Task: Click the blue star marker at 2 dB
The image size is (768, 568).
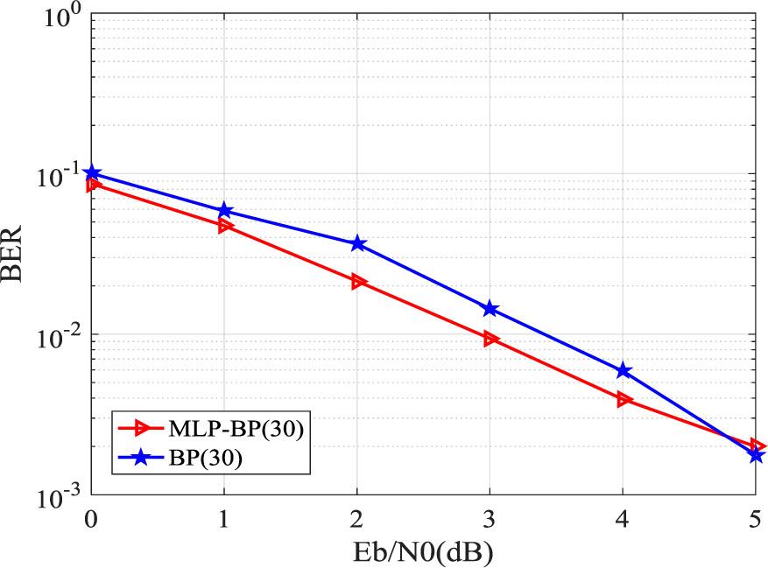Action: [357, 243]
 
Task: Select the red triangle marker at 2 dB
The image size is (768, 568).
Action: [357, 282]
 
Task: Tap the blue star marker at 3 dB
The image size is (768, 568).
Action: [490, 309]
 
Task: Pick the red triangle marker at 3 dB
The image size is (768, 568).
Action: [490, 339]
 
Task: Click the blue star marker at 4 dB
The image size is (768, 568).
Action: [624, 371]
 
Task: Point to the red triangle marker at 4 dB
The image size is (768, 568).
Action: [624, 399]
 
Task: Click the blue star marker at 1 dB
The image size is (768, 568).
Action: [224, 211]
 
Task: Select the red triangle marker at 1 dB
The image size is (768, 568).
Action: [224, 226]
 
